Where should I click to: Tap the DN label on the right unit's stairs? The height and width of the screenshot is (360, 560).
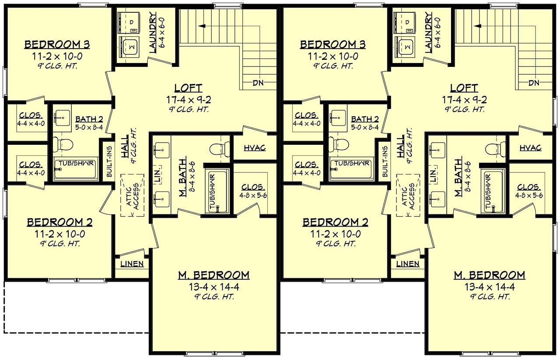pos(533,83)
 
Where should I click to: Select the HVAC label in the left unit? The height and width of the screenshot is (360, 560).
pos(255,148)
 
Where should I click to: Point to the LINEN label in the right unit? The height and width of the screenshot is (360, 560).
pos(408,264)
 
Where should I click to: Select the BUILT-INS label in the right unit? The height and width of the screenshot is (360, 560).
pos(385,161)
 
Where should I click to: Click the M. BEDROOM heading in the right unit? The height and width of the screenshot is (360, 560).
pos(489,275)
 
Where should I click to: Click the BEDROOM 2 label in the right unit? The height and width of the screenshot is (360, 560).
pos(335,222)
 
